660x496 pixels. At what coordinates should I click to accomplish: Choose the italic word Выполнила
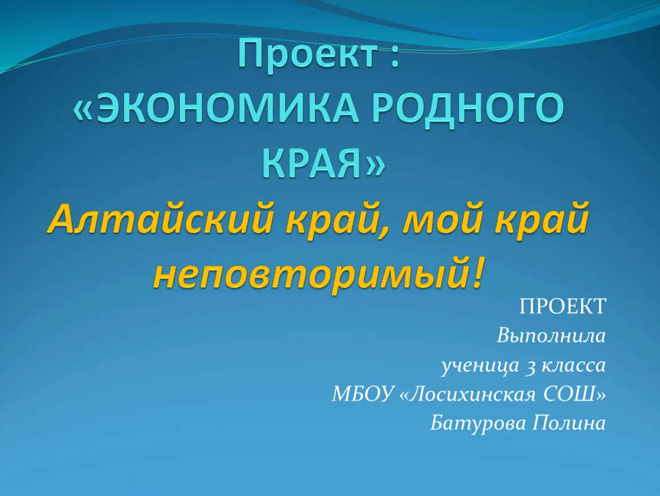(551, 336)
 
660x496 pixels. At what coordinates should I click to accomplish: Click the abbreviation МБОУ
(362, 394)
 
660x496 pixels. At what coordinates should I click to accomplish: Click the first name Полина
(569, 423)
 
